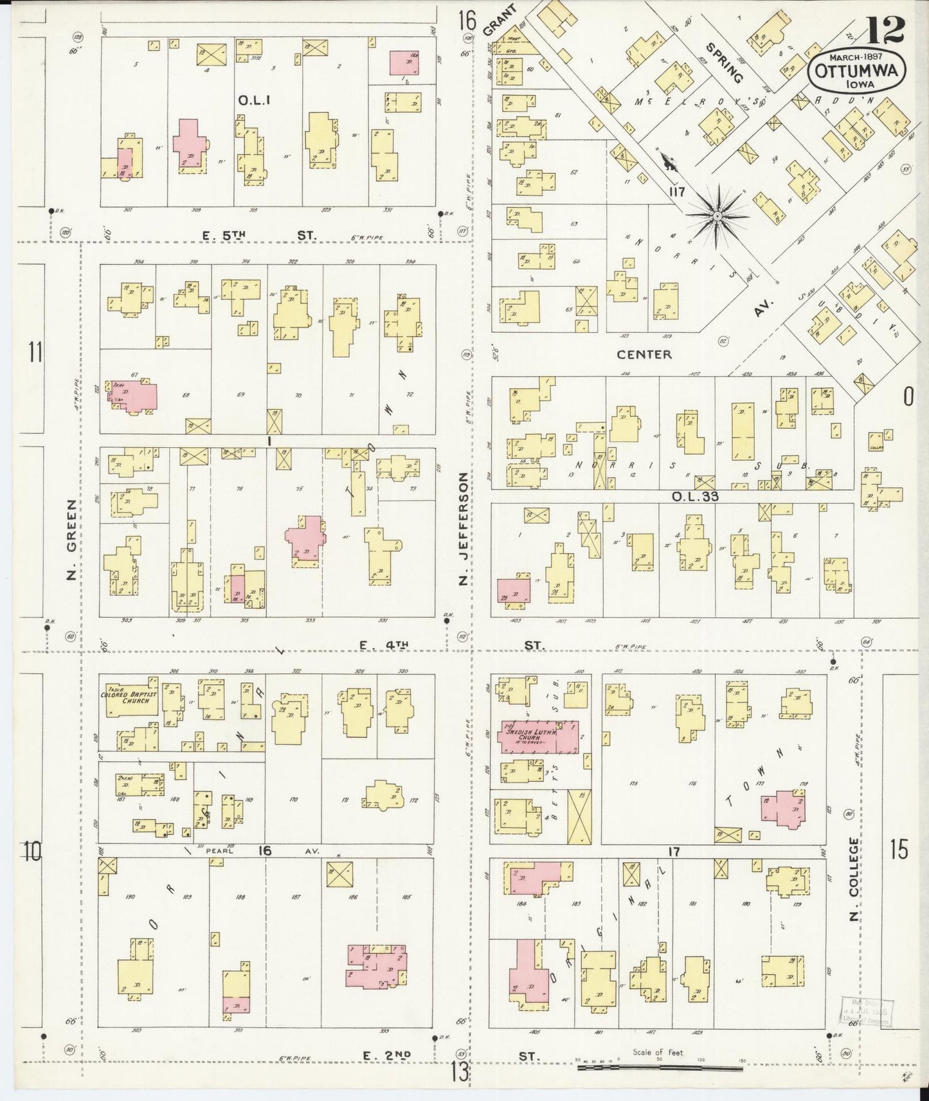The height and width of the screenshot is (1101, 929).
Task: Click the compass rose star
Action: (x=716, y=217)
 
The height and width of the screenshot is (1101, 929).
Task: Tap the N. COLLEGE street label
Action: (x=854, y=878)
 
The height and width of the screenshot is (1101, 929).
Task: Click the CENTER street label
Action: (x=644, y=354)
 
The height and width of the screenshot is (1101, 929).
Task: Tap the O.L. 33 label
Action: (x=694, y=496)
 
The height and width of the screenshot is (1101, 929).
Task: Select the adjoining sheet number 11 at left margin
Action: (x=35, y=352)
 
